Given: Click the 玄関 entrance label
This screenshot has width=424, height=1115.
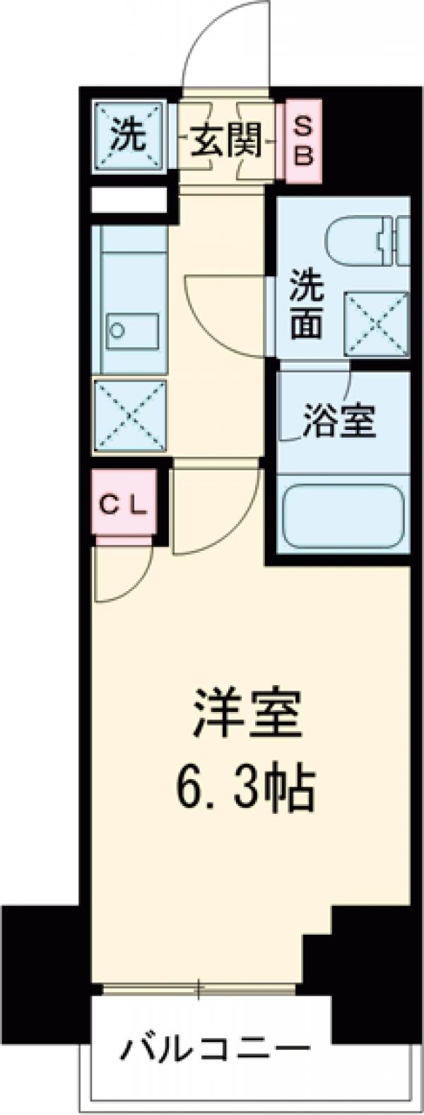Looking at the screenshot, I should (x=225, y=141).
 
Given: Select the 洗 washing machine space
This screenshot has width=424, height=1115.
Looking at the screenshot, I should (x=129, y=136).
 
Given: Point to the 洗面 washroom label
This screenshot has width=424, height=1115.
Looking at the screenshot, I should (x=306, y=304).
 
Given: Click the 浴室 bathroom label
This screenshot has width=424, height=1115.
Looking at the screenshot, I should (x=338, y=422).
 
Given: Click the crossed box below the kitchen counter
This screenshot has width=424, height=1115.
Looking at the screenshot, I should (x=130, y=415).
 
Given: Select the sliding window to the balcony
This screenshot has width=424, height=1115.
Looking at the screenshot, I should (x=199, y=988).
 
